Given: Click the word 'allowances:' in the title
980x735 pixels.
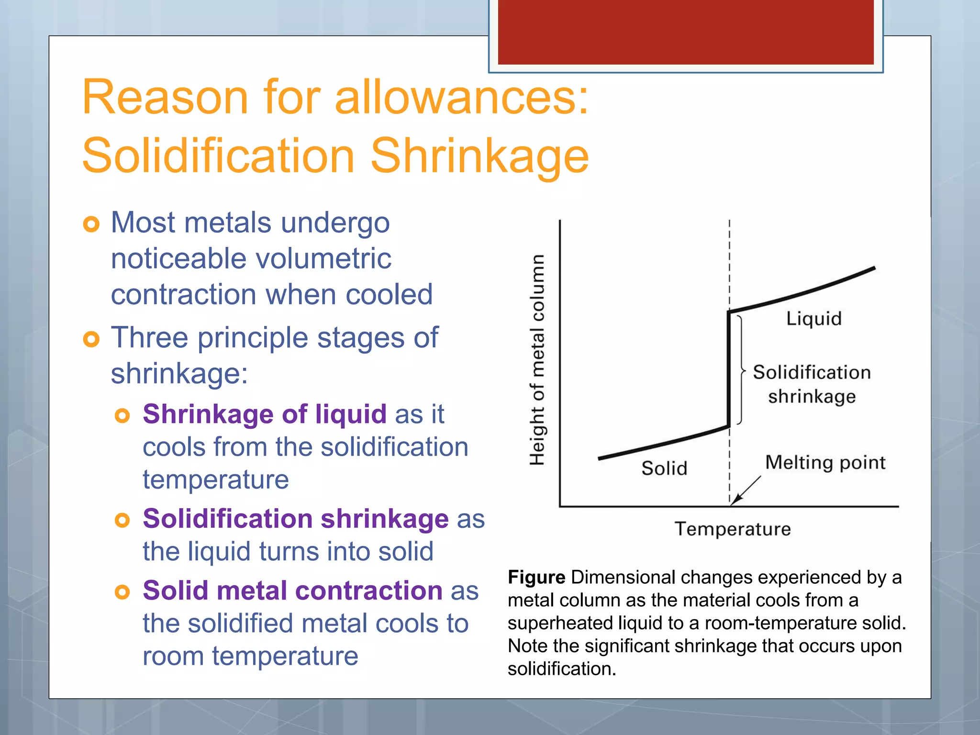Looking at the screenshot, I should [x=461, y=98].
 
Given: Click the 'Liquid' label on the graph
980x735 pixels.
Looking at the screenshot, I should [x=813, y=319].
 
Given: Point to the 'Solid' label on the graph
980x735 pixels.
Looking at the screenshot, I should [x=664, y=468].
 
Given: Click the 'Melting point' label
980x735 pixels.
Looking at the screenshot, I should [x=825, y=463].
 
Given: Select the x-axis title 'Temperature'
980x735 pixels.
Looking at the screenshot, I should [x=733, y=529].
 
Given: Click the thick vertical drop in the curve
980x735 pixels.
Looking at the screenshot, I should [x=729, y=368].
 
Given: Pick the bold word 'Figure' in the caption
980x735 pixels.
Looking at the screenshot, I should [x=536, y=578].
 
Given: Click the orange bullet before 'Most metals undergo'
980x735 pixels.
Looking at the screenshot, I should [x=91, y=224].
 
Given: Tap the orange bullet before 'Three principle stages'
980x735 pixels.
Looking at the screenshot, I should [x=91, y=339].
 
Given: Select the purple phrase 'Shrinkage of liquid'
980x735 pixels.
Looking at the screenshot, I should [x=264, y=414].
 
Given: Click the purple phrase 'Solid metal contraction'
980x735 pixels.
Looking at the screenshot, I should [x=292, y=590].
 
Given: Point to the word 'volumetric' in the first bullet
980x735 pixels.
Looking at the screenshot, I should [x=323, y=259].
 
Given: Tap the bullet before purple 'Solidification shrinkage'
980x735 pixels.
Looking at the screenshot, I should [x=122, y=520].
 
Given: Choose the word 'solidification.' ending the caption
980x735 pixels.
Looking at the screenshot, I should [x=562, y=669].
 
